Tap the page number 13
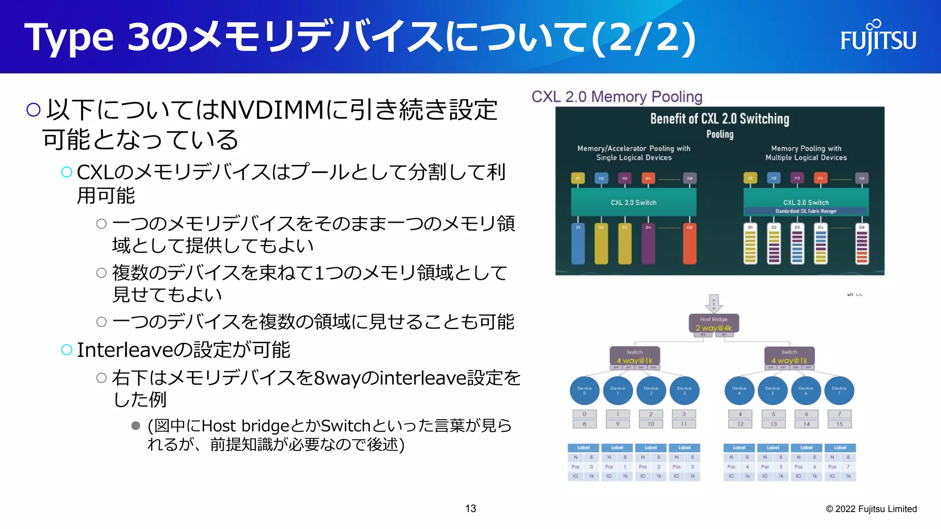pos(470,508)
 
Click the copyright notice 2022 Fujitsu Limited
pos(871,509)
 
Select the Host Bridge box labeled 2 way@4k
pos(714,324)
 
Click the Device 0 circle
pos(584,391)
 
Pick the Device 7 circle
pos(839,391)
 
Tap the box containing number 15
pos(839,424)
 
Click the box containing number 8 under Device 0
pos(584,424)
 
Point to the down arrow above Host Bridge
pos(714,303)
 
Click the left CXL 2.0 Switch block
pos(633,203)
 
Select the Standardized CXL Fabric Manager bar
pos(806,211)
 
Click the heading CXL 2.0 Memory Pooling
pos(617,97)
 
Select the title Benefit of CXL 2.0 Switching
pos(720,119)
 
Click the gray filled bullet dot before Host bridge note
pos(136,426)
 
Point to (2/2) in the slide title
pos(643,38)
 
